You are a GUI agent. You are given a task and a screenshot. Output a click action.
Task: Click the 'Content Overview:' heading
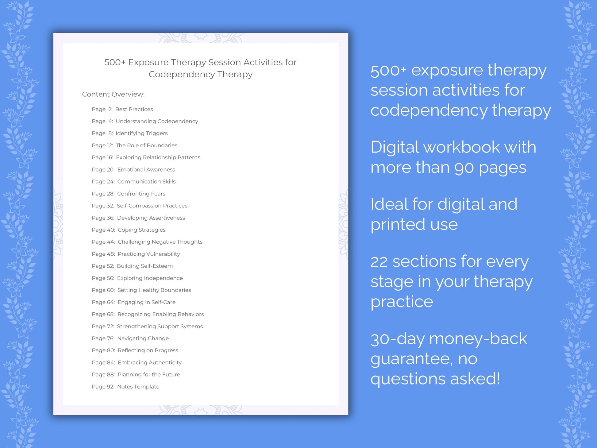(x=113, y=94)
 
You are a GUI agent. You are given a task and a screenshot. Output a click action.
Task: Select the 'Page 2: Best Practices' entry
(x=122, y=109)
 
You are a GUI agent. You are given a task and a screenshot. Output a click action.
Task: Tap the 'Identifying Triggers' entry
(x=141, y=133)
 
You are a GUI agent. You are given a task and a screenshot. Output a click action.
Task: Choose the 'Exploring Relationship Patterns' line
(x=158, y=157)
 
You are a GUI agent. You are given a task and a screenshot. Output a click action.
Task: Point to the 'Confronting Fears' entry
(x=141, y=194)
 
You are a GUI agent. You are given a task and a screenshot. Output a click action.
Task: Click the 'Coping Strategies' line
(x=141, y=230)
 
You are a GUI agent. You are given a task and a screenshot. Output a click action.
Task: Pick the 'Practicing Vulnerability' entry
(x=149, y=254)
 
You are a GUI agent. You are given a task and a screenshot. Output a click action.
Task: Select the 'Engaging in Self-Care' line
(x=146, y=302)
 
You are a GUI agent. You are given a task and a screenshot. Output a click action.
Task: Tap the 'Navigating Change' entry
(x=143, y=338)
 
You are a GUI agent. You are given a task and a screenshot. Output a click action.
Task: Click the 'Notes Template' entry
(x=138, y=387)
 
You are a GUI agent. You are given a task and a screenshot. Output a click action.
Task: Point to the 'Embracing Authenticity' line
(x=150, y=362)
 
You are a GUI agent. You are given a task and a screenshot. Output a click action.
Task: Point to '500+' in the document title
(x=115, y=62)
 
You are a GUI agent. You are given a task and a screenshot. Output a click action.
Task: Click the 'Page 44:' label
(x=103, y=242)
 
